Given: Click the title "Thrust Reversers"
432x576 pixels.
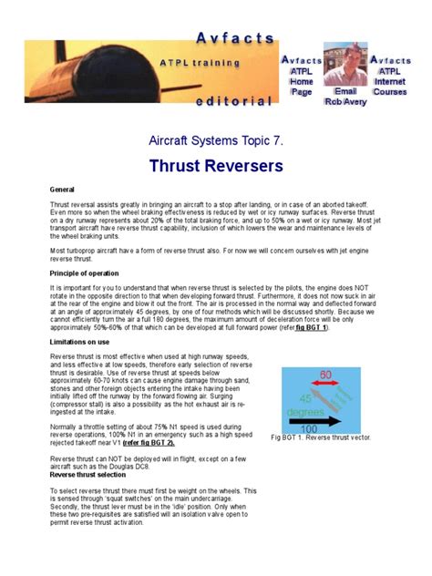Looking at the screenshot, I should pos(216,166).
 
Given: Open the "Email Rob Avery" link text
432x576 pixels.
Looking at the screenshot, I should pos(345,97).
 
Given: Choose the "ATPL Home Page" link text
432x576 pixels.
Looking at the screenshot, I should pos(302,81).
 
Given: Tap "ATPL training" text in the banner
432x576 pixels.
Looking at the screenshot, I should pos(200,63).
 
